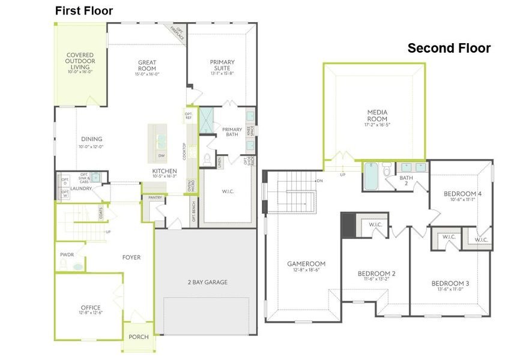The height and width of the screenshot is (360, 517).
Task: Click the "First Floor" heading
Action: click(x=84, y=11)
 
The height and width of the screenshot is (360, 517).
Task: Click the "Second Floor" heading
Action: click(x=449, y=48)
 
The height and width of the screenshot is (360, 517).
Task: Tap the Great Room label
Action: click(x=148, y=65)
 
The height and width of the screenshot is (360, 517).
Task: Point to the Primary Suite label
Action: click(x=222, y=65)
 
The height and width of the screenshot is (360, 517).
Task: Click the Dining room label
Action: click(x=91, y=139)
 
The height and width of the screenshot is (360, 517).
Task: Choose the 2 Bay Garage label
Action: click(x=207, y=282)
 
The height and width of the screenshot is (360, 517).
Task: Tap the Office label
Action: click(x=90, y=308)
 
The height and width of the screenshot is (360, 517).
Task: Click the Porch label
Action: click(x=139, y=337)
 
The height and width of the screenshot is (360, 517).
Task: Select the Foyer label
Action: click(x=131, y=257)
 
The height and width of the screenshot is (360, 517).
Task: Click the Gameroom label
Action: click(x=306, y=263)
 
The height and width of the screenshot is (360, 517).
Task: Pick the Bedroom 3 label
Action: click(x=450, y=283)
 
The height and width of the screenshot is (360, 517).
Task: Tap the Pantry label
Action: click(x=156, y=197)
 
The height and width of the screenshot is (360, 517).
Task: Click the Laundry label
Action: click(x=80, y=188)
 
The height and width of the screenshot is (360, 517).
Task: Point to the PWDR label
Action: click(x=67, y=254)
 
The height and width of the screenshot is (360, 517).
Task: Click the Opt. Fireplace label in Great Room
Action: click(x=178, y=34)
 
